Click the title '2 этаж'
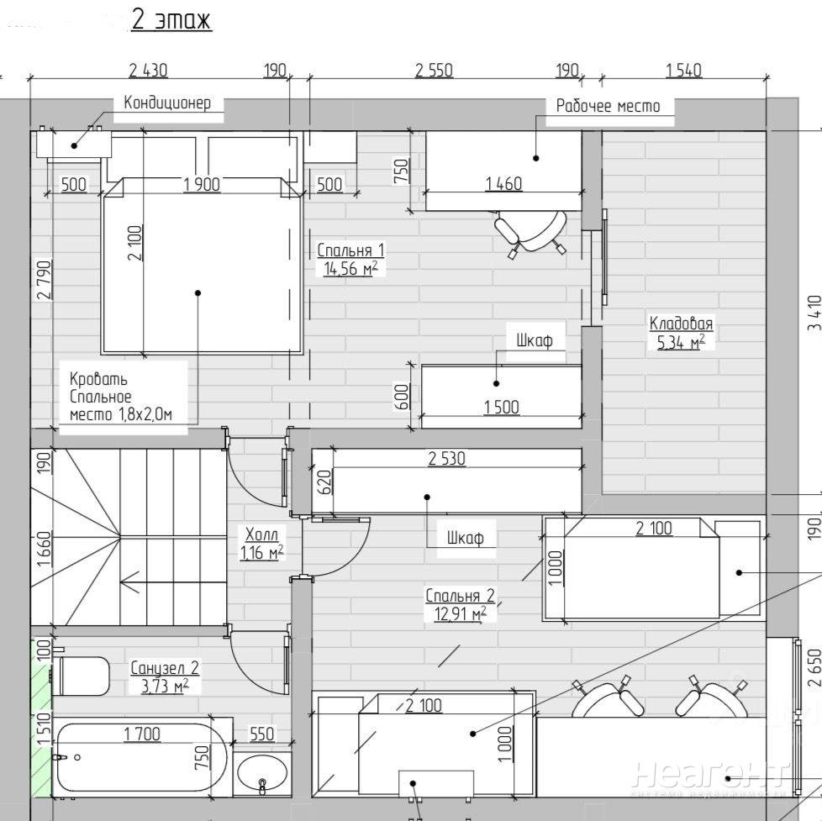coord(172,20)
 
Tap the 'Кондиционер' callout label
coord(168,103)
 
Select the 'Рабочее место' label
coord(608,107)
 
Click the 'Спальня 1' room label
coord(350,250)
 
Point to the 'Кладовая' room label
coord(681,323)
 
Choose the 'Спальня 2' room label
coord(460,596)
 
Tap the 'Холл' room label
coord(262,534)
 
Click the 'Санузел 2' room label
coord(165,668)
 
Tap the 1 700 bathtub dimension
coord(142,734)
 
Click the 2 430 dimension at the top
coord(149,71)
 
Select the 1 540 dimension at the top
coord(683,71)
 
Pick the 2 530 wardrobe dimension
coord(446,459)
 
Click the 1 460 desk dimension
coord(503,184)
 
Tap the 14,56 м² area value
coord(350,268)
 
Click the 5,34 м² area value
coord(681,342)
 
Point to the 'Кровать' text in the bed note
coord(98,378)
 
